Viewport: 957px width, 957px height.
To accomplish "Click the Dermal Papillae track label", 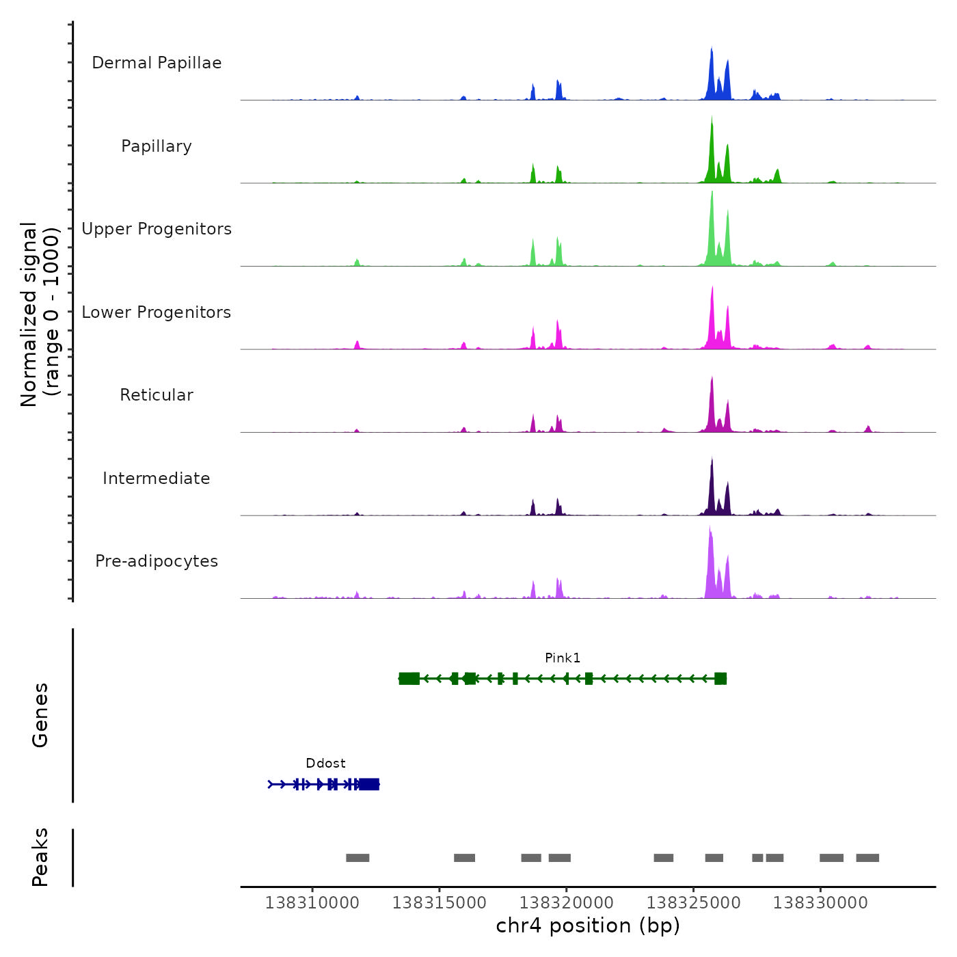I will (x=157, y=63).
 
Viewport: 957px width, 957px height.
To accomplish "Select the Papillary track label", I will (x=157, y=146).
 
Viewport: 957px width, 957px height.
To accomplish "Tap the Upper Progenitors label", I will (x=157, y=229).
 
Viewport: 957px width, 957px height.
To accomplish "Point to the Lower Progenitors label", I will (x=157, y=312).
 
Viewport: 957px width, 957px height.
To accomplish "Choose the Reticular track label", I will (x=157, y=395).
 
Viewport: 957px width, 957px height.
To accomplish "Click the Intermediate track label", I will (x=157, y=478).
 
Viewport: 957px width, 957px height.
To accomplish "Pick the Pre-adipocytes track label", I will (x=157, y=561).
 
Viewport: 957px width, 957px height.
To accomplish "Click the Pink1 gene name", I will (x=563, y=658).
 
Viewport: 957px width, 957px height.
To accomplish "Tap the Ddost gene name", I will (x=325, y=764).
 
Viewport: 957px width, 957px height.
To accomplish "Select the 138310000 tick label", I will (x=312, y=903).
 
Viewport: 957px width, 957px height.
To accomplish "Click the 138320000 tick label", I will (x=566, y=903).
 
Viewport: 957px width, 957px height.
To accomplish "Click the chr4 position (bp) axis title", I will (x=588, y=926).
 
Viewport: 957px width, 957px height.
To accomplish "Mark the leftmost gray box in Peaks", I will (x=358, y=858).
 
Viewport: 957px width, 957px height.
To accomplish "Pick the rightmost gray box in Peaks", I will (x=867, y=858).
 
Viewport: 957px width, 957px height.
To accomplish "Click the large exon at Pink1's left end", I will (x=409, y=678).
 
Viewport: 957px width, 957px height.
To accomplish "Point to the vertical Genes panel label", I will (x=40, y=715).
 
